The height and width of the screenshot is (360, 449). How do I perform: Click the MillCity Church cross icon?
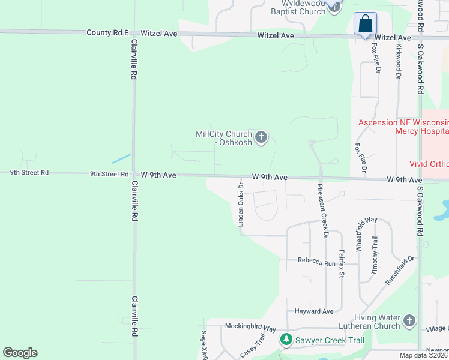pyautogui.click(x=261, y=138)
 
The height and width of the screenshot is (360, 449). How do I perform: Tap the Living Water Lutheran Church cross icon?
pyautogui.click(x=409, y=321)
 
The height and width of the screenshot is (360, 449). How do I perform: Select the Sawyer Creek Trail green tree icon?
pyautogui.click(x=286, y=340)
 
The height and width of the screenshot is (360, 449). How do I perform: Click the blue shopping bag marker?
pyautogui.click(x=365, y=25)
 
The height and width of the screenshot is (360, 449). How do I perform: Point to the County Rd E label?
pyautogui.click(x=107, y=33)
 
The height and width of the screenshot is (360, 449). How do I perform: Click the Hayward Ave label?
pyautogui.click(x=313, y=311)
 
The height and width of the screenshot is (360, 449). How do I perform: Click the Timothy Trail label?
pyautogui.click(x=375, y=256)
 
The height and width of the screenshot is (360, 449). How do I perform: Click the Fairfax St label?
pyautogui.click(x=341, y=263)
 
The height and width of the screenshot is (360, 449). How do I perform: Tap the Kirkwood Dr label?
pyautogui.click(x=398, y=60)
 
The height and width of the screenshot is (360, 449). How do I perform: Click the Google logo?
pyautogui.click(x=20, y=353)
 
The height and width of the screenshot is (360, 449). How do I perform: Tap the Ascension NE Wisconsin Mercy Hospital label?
pyautogui.click(x=403, y=126)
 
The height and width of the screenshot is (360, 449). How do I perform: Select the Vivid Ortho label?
pyautogui.click(x=429, y=163)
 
